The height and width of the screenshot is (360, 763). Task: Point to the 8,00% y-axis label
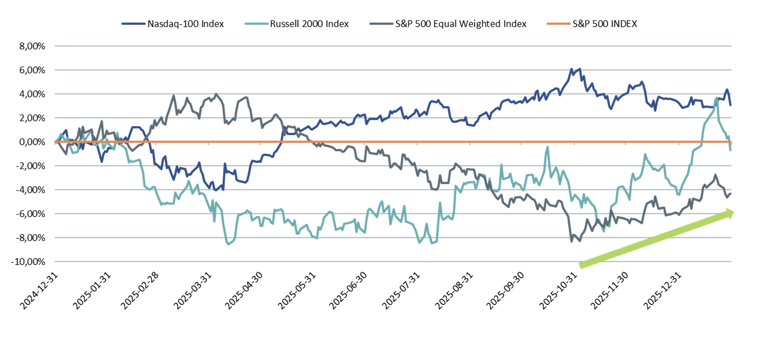click(32, 46)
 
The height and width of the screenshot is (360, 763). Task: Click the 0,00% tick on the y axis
click(32, 142)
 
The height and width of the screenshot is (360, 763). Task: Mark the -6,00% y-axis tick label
click(31, 214)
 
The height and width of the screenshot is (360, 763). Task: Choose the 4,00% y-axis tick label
click(32, 94)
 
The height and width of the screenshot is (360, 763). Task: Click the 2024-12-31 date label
click(39, 291)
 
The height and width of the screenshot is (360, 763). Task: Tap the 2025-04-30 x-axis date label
click(244, 291)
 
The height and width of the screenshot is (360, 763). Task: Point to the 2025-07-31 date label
click(401, 291)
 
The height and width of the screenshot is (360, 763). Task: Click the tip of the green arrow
click(733, 212)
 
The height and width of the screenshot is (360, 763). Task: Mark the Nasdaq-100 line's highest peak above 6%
click(571, 69)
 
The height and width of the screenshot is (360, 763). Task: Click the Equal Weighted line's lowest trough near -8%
click(572, 241)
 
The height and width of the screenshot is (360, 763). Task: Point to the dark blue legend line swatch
click(133, 24)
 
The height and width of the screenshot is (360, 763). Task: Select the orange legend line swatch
click(558, 24)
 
